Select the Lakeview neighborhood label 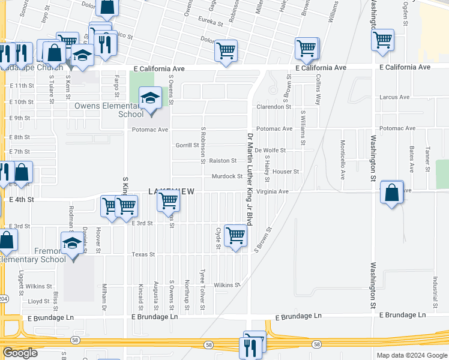tap(172, 191)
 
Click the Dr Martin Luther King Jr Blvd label tap(250, 179)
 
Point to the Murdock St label tap(227, 176)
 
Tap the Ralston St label tap(223, 161)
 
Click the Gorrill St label tap(187, 145)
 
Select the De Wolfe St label tap(270, 151)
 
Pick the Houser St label tap(286, 172)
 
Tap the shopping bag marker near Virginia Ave tap(391, 193)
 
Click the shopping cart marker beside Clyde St tap(235, 235)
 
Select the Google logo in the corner tap(20, 353)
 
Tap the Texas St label tap(143, 254)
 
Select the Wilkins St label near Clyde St tap(227, 285)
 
